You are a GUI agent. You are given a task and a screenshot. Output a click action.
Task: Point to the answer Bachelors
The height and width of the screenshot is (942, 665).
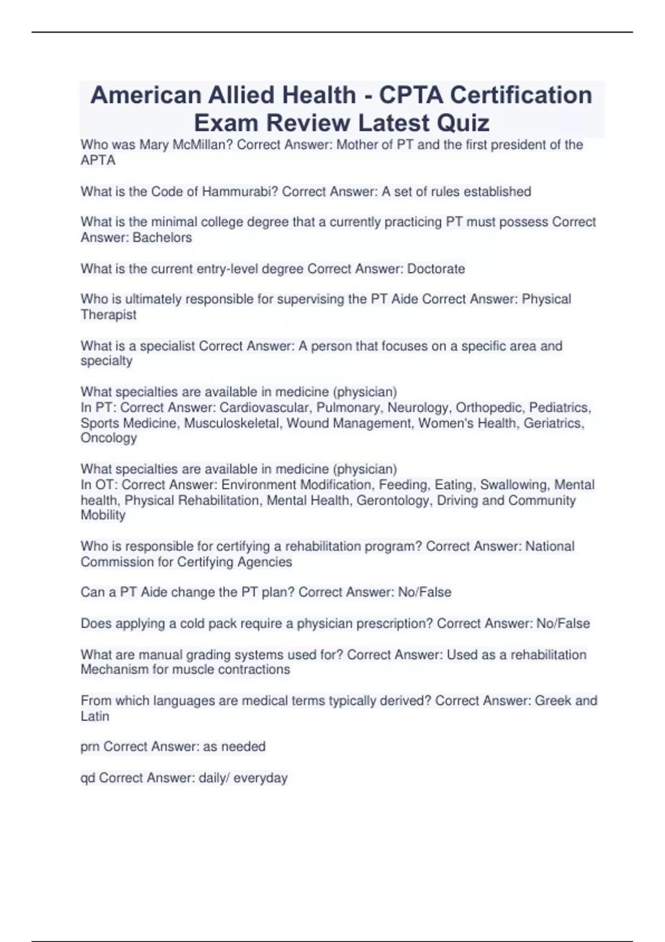click(x=162, y=238)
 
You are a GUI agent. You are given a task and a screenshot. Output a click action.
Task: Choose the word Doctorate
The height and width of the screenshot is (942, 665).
click(x=436, y=269)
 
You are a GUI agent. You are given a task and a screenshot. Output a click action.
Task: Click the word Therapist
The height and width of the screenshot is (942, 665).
click(x=109, y=315)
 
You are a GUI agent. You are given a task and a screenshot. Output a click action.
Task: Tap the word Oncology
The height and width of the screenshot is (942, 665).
click(x=109, y=438)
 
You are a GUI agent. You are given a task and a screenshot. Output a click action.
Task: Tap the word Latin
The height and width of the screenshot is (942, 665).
click(x=95, y=716)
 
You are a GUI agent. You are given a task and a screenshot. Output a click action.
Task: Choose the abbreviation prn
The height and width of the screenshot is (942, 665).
click(x=90, y=747)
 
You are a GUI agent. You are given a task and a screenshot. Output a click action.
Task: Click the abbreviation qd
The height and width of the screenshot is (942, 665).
click(x=88, y=778)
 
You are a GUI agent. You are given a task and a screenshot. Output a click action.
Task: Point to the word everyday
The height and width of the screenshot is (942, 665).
click(x=260, y=778)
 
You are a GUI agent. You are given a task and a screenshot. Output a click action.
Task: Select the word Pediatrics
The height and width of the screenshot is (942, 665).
click(x=559, y=408)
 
